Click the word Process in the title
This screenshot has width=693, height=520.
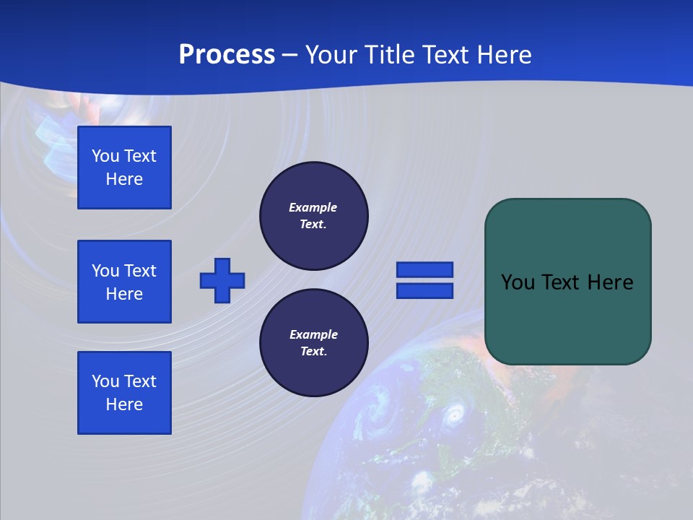click(227, 55)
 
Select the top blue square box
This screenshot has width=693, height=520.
click(124, 168)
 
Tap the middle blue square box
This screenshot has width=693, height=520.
click(124, 282)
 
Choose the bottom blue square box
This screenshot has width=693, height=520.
click(124, 393)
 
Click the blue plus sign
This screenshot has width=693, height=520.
click(222, 280)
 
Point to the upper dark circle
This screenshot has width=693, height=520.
click(314, 216)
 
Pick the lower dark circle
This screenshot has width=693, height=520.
click(314, 343)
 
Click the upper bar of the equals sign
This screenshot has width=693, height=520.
click(424, 269)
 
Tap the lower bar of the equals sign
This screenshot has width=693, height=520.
click(424, 290)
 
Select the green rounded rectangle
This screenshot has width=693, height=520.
click(567, 282)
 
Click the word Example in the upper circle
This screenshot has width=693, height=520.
click(313, 207)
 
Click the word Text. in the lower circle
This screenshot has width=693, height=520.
click(313, 352)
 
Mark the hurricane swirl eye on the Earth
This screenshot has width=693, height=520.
click(454, 415)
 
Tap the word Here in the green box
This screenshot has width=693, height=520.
click(610, 282)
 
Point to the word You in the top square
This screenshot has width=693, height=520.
click(105, 156)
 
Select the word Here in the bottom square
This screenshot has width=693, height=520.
click(124, 404)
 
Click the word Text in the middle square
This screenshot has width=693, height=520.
click(140, 271)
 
